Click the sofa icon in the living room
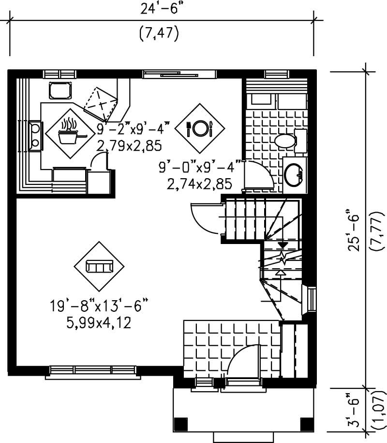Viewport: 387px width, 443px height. (x=99, y=266)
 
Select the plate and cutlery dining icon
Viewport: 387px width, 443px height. (x=199, y=128)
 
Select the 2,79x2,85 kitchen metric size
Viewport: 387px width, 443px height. (x=129, y=145)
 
